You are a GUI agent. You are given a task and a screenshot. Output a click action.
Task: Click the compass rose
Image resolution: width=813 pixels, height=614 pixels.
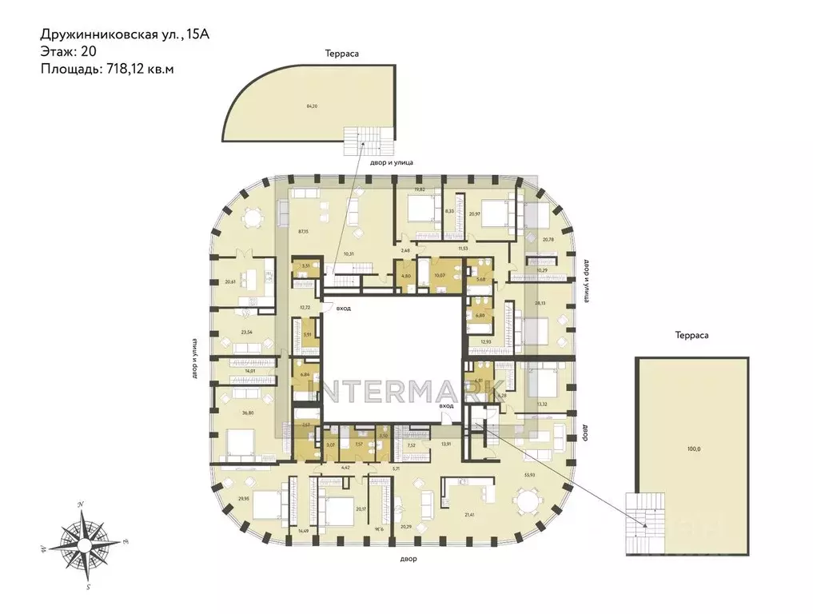(82, 543)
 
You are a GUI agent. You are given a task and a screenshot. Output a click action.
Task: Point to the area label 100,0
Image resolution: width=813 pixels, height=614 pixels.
(693, 449)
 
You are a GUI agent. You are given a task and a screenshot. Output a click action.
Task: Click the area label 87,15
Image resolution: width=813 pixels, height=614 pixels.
(303, 231)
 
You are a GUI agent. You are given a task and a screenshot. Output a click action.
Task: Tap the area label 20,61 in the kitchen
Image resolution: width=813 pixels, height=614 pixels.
(231, 281)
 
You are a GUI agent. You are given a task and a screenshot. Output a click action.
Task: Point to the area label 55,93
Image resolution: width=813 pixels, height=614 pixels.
(529, 476)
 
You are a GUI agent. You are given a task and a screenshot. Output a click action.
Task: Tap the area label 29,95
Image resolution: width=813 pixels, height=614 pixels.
(244, 496)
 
